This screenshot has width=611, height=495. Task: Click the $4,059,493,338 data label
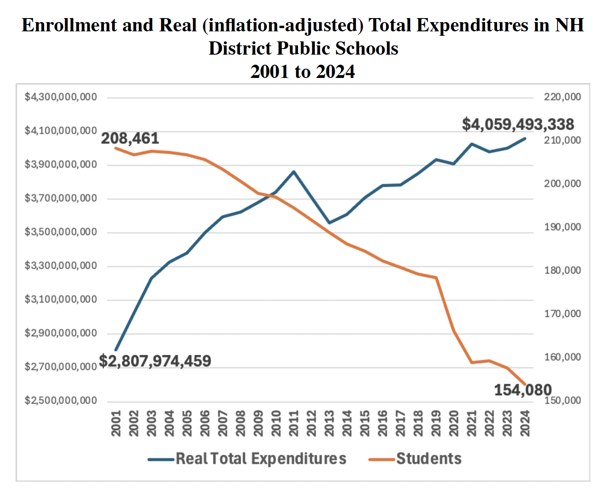pos(518,124)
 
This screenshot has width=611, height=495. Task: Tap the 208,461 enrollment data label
pos(130,139)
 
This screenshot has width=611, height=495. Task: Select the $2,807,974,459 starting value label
pos(155,361)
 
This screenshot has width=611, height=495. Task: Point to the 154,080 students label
pos(522,390)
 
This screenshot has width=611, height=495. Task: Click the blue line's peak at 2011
pos(294,172)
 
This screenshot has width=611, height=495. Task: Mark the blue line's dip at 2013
pos(329,223)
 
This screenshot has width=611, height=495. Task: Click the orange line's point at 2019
pos(436,278)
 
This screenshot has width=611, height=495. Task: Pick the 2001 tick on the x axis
pos(116,423)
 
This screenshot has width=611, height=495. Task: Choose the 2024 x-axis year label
pos(525,423)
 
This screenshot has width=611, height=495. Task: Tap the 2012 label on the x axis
pos(312,423)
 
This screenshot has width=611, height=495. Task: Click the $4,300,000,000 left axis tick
pos(61,97)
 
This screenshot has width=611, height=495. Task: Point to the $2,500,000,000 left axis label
pos(61,401)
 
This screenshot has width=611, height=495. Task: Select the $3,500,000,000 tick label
pos(61,232)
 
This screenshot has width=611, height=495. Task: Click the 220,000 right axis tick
pos(562,97)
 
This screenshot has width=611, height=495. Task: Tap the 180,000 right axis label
pos(562,270)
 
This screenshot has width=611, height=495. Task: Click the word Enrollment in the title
pos(70,25)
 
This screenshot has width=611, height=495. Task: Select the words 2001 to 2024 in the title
pos(302,72)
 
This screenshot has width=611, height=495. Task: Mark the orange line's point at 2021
pos(471,362)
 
